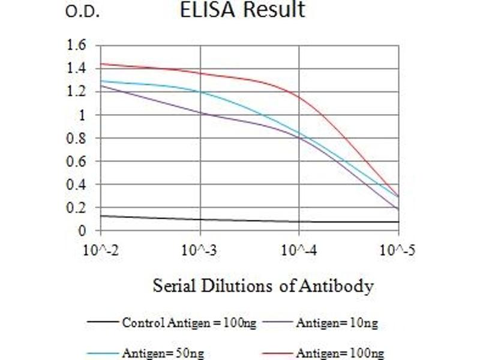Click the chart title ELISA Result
coord(242,10)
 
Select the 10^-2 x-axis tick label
coord(100,249)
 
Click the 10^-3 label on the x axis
coord(200,249)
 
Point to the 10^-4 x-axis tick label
coord(299,249)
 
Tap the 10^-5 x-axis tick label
coord(397,249)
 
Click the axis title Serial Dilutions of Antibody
coord(263,286)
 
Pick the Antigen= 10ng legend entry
coord(337,323)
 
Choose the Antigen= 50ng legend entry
coord(163,353)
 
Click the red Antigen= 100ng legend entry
coord(340,353)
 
